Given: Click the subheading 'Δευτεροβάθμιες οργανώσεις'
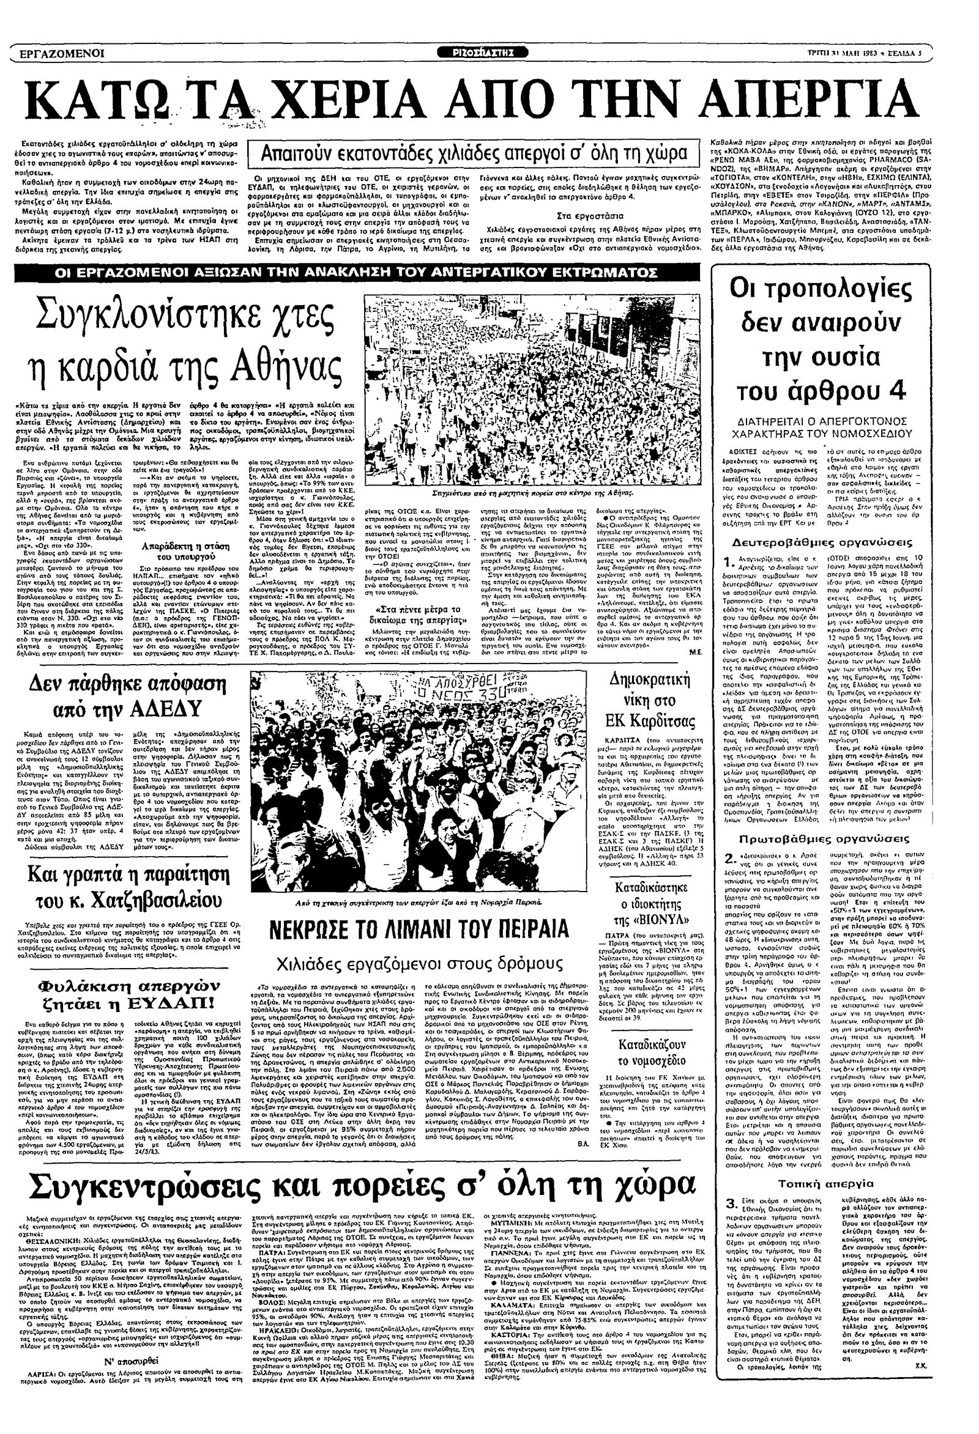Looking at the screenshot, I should point(822,543).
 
